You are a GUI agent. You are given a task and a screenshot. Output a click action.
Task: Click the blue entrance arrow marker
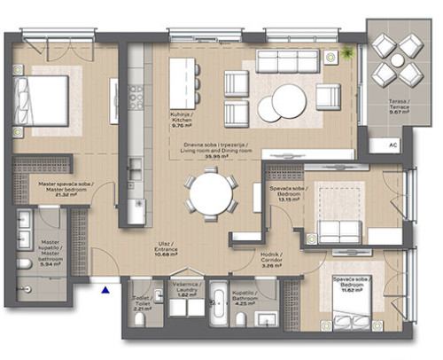(x=106, y=288)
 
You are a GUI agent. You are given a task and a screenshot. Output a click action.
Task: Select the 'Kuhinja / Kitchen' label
(x=188, y=119)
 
